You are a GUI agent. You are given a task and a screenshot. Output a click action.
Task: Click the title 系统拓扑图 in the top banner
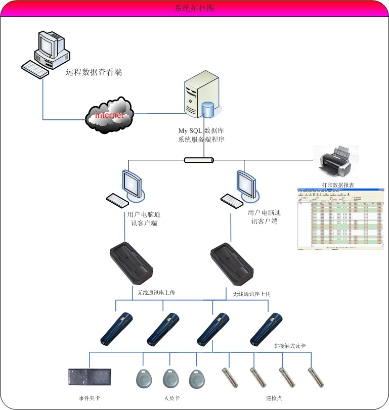[194, 9]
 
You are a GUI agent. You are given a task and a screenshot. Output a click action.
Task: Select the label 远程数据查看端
[94, 72]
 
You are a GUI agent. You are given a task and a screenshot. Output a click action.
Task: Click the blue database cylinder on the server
[208, 109]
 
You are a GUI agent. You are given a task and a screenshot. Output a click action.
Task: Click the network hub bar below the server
[199, 160]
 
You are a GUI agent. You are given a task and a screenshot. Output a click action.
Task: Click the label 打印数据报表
[338, 185]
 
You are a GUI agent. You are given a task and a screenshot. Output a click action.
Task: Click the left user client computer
[127, 189]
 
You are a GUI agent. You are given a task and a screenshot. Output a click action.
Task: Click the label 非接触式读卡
[290, 346]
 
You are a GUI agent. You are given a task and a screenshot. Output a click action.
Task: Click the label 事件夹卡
[90, 398]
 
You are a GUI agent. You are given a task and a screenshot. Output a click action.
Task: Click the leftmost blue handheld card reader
[116, 329]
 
